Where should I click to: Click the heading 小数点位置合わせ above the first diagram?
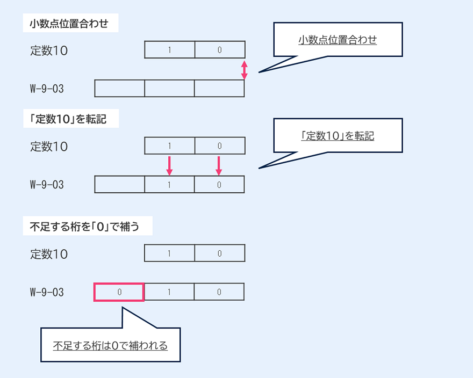[70, 24]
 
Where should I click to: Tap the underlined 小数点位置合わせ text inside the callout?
[338, 40]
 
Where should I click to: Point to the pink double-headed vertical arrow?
[244, 70]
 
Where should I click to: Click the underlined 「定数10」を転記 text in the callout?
[338, 136]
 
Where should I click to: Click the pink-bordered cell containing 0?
[119, 292]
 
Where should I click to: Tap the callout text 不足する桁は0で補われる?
[111, 346]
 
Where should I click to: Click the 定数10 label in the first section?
[49, 52]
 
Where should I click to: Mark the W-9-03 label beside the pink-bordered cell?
[47, 292]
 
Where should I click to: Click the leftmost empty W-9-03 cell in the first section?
[119, 89]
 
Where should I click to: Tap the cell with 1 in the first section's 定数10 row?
[169, 50]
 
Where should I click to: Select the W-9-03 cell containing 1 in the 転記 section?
[169, 185]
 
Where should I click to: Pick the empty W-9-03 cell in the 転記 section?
[119, 185]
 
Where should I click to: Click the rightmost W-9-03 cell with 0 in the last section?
[219, 292]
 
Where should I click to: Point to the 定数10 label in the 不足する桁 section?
[49, 254]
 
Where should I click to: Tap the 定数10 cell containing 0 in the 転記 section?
[219, 146]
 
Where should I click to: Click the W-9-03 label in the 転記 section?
[47, 185]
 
